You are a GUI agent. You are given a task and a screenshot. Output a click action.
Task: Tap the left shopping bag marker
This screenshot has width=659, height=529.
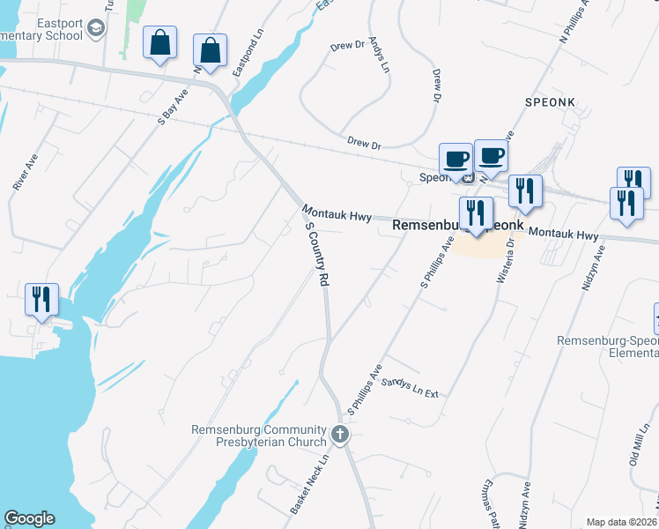pyautogui.click(x=159, y=43)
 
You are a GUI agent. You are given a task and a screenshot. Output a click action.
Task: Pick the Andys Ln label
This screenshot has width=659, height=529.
pyautogui.click(x=379, y=55)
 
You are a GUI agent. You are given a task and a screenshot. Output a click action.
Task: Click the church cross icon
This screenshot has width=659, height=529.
pyautogui.click(x=340, y=435)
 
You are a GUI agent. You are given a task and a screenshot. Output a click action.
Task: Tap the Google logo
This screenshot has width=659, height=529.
pyautogui.click(x=29, y=518)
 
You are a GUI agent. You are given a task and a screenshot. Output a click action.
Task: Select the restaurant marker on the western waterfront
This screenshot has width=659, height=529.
pyautogui.click(x=41, y=300)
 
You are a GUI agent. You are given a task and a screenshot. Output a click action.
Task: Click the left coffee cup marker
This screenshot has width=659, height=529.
pyautogui.click(x=455, y=159)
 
